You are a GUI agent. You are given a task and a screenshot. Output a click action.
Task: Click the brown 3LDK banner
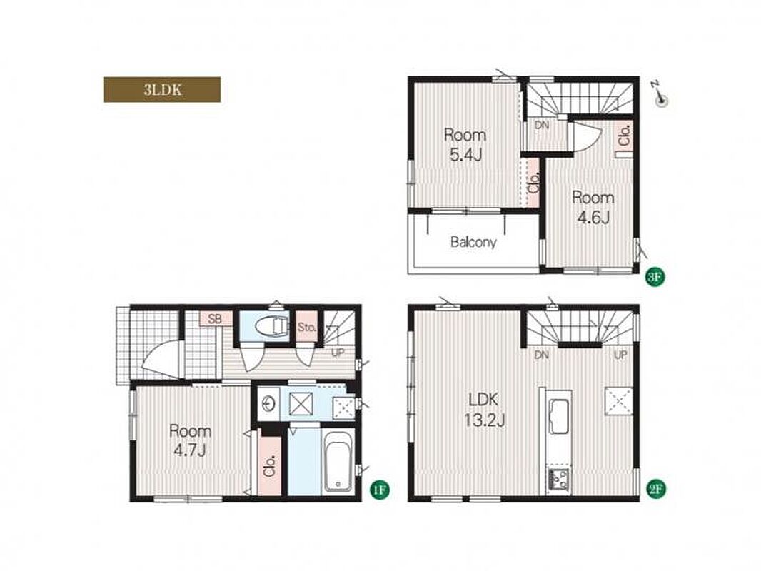pyautogui.click(x=162, y=90)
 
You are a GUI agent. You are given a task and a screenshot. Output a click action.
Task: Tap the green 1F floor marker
pyautogui.click(x=380, y=490)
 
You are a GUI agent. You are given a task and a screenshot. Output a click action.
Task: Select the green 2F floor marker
pyautogui.click(x=655, y=490)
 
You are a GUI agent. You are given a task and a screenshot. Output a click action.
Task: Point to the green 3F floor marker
pyautogui.click(x=655, y=277)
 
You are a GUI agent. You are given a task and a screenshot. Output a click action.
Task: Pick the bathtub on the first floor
pyautogui.click(x=339, y=460)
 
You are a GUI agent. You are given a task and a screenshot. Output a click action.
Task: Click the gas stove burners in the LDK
pyautogui.click(x=559, y=480)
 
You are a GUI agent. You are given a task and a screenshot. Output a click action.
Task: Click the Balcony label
pyautogui.click(x=473, y=242)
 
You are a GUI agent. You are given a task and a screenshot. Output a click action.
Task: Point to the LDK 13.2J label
pyautogui.click(x=483, y=410)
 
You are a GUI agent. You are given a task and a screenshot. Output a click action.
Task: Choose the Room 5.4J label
pyautogui.click(x=465, y=145)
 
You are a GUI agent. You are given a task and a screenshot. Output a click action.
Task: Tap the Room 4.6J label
pyautogui.click(x=593, y=207)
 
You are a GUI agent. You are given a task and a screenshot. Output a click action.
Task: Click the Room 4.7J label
pyautogui.click(x=190, y=440)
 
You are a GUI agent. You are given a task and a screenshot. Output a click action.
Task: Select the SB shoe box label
pyautogui.click(x=214, y=319)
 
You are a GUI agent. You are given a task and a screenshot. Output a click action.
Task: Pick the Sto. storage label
pyautogui.click(x=307, y=327)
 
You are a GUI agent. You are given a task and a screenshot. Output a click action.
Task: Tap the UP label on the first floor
pyautogui.click(x=338, y=353)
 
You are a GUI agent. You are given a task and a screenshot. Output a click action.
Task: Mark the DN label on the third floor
pyautogui.click(x=542, y=125)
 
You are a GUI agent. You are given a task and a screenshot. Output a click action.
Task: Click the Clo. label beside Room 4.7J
pyautogui.click(x=270, y=466)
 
